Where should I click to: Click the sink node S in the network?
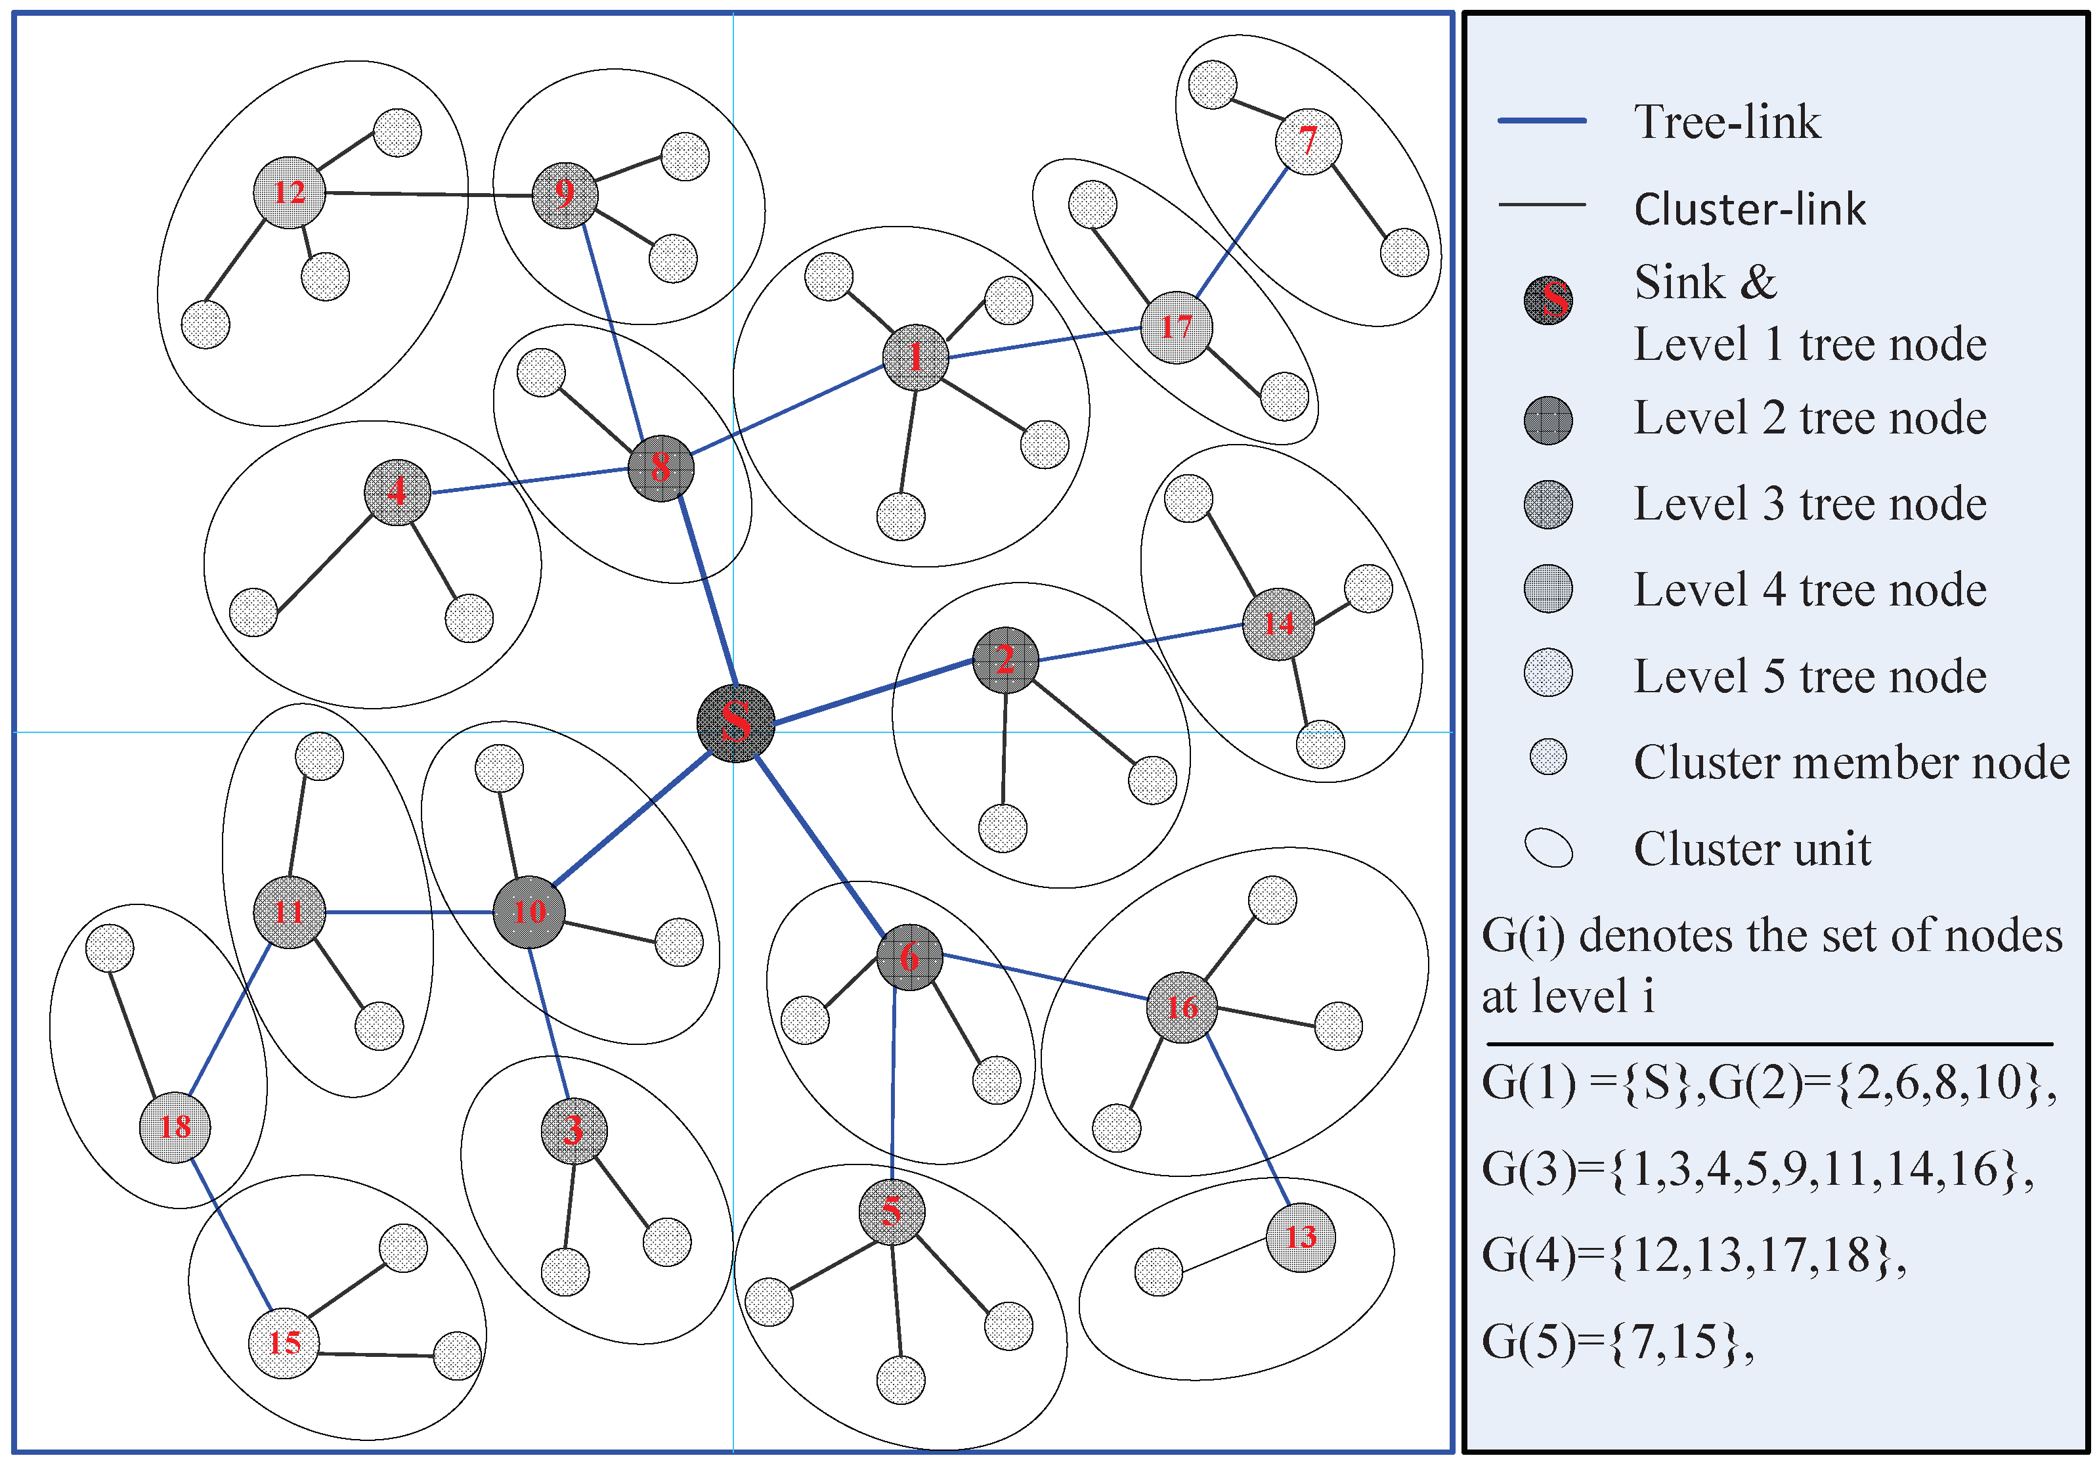click(x=735, y=722)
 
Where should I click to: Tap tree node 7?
click(x=1309, y=141)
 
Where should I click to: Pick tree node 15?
click(x=284, y=1342)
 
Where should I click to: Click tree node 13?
click(x=1300, y=1237)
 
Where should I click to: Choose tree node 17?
click(x=1177, y=327)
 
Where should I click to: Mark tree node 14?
click(x=1278, y=623)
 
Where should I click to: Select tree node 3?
click(x=573, y=1130)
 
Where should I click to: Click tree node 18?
click(x=175, y=1126)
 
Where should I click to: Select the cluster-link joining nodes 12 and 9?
click(x=428, y=194)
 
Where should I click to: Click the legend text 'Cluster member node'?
click(x=1851, y=763)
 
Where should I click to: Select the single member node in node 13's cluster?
click(x=1158, y=1272)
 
